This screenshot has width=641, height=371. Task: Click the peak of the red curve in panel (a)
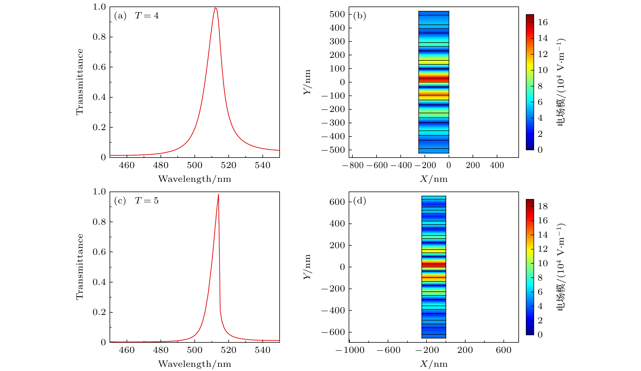[215, 8]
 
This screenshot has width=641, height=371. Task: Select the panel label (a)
[120, 16]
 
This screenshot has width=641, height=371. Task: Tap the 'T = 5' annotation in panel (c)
[147, 201]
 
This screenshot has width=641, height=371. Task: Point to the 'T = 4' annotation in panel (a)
[147, 16]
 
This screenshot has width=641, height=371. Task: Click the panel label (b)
[359, 16]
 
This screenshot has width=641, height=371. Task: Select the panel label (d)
[359, 201]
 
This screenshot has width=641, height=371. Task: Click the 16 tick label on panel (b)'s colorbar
[543, 22]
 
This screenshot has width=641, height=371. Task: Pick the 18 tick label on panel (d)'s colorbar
[543, 206]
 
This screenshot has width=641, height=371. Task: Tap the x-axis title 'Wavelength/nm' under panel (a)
[195, 179]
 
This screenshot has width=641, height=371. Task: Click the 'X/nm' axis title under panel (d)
[434, 364]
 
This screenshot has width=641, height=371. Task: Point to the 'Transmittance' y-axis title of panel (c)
[80, 267]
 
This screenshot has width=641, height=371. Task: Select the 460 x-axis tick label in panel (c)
[127, 350]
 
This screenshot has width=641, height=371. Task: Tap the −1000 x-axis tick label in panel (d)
[350, 350]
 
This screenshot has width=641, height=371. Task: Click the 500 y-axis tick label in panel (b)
[337, 14]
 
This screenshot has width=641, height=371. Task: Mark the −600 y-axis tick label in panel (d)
[333, 332]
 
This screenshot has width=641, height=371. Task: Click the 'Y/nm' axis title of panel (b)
[307, 82]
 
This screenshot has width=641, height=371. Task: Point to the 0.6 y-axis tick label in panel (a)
[99, 67]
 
